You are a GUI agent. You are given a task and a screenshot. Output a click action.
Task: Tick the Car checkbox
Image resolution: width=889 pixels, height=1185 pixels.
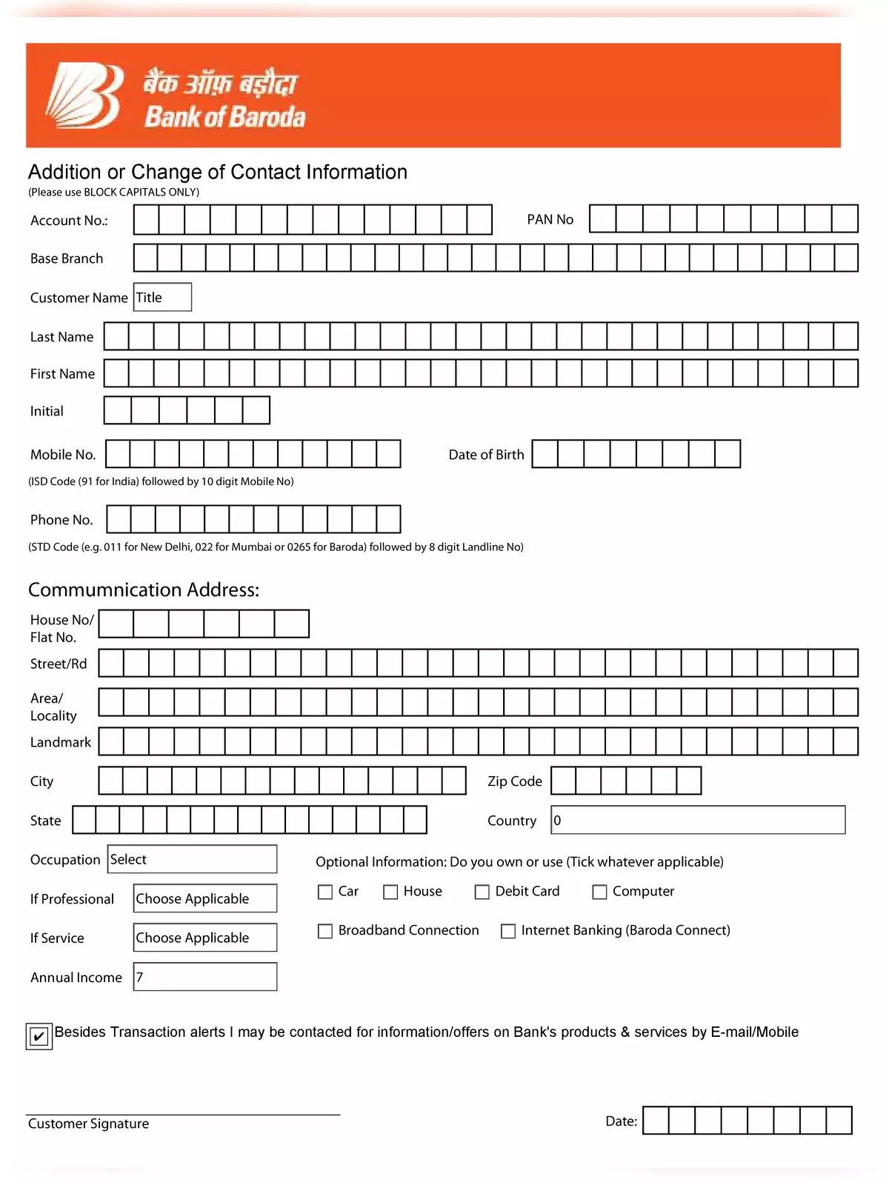pyautogui.click(x=325, y=892)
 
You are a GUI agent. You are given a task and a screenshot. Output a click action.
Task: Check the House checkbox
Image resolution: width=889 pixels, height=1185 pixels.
pyautogui.click(x=390, y=892)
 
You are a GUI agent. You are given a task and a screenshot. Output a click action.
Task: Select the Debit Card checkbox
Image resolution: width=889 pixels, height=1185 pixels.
pyautogui.click(x=482, y=892)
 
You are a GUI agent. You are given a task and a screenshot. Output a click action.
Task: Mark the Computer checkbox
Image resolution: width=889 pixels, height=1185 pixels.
pyautogui.click(x=599, y=892)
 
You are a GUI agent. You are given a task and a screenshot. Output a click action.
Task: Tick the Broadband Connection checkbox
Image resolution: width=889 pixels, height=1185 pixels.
pyautogui.click(x=325, y=931)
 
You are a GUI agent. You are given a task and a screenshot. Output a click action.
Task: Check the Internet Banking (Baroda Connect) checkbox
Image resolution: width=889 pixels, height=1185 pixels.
pyautogui.click(x=508, y=931)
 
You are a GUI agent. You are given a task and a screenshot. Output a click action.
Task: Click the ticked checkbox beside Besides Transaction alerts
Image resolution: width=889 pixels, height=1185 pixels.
pyautogui.click(x=39, y=1036)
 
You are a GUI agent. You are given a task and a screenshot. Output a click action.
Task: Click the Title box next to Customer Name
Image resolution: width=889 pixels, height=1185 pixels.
pyautogui.click(x=162, y=297)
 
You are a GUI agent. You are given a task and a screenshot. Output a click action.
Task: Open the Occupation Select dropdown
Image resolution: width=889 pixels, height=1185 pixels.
pyautogui.click(x=192, y=859)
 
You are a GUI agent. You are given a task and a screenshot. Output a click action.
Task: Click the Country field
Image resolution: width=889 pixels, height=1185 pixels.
pyautogui.click(x=698, y=820)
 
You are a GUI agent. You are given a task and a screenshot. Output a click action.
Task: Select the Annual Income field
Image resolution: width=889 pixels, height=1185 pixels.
pyautogui.click(x=205, y=977)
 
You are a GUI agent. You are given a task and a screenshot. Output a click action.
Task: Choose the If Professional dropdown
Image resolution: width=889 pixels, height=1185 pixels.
pyautogui.click(x=205, y=898)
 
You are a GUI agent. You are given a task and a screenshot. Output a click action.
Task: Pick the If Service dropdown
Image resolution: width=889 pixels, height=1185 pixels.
pyautogui.click(x=205, y=938)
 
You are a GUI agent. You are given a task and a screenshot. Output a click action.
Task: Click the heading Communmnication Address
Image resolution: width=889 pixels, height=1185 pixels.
pyautogui.click(x=144, y=590)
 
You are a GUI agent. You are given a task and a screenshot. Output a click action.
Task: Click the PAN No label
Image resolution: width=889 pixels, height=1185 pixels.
pyautogui.click(x=550, y=219)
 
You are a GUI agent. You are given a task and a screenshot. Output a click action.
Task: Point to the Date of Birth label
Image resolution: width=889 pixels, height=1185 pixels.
pyautogui.click(x=486, y=455)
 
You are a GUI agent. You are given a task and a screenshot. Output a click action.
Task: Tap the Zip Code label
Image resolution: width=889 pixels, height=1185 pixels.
pyautogui.click(x=514, y=781)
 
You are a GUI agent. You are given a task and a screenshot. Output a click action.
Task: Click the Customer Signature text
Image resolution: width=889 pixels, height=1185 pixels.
pyautogui.click(x=88, y=1124)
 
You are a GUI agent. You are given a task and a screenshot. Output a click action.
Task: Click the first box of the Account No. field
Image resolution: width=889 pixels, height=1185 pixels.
pyautogui.click(x=147, y=220)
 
